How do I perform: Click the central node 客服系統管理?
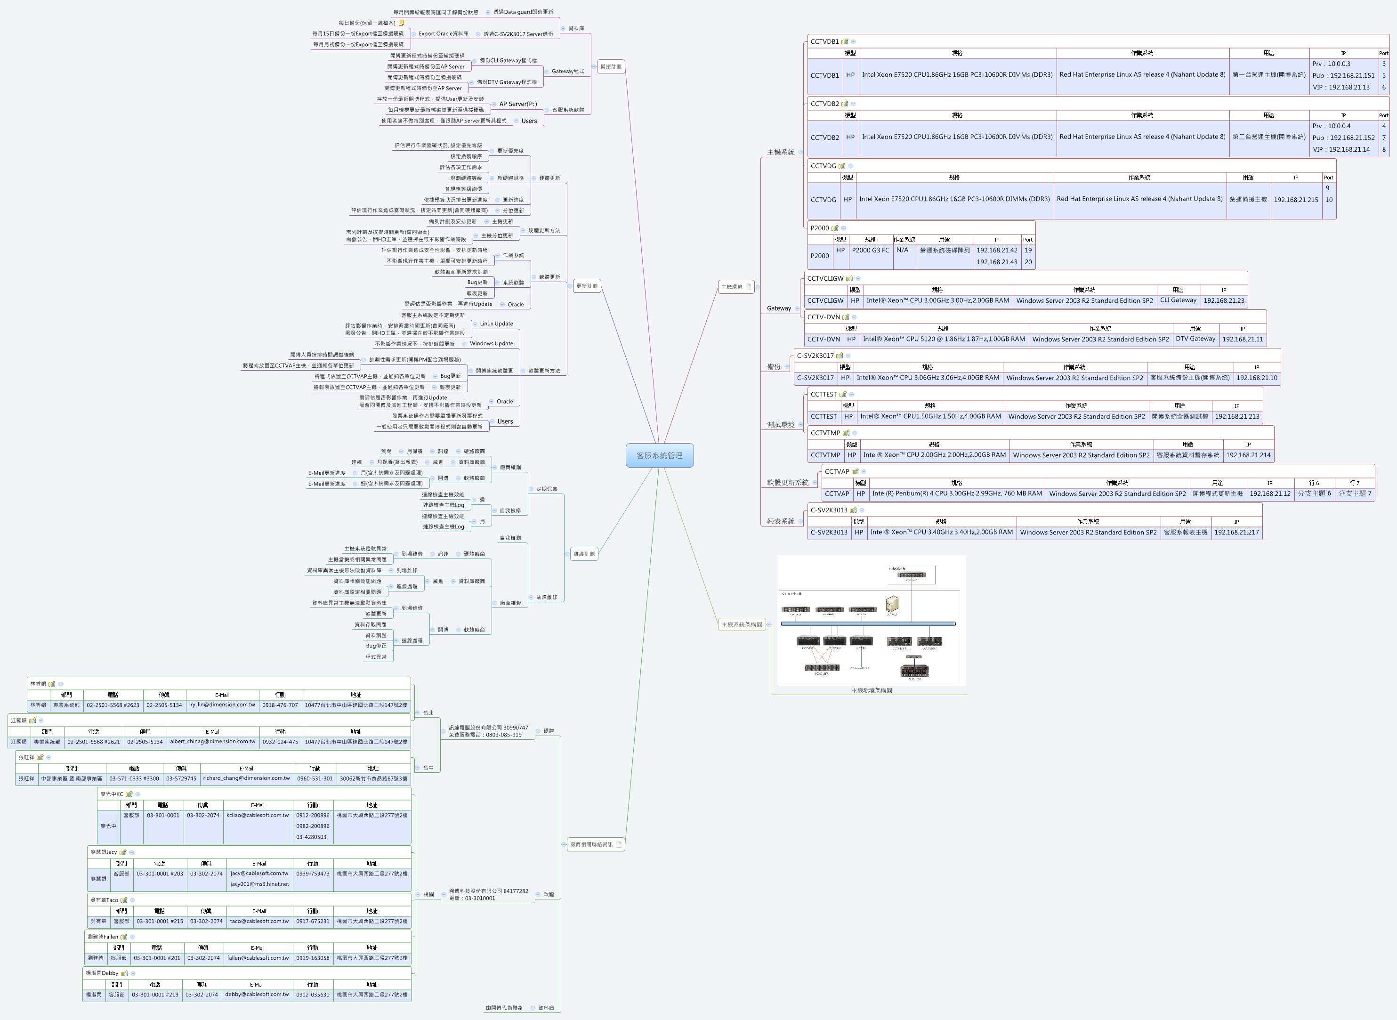(x=659, y=455)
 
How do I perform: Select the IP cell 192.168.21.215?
(x=1296, y=199)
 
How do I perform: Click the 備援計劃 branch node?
(x=611, y=67)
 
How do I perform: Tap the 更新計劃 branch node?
(x=587, y=286)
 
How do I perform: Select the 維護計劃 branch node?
(x=583, y=554)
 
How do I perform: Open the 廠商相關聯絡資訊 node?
(x=591, y=844)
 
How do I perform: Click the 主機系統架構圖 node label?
(x=742, y=624)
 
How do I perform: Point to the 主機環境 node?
(x=732, y=286)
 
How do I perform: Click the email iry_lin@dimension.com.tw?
(x=222, y=704)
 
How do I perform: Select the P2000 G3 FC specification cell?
(x=871, y=250)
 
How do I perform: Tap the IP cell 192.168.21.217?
(x=1236, y=532)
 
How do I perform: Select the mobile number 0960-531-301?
(x=315, y=778)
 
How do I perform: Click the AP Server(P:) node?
(x=518, y=104)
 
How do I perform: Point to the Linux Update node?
(x=496, y=324)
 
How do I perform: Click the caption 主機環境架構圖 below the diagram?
(x=871, y=690)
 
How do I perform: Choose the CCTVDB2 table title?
(x=824, y=104)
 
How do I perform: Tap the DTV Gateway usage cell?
(x=1195, y=339)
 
